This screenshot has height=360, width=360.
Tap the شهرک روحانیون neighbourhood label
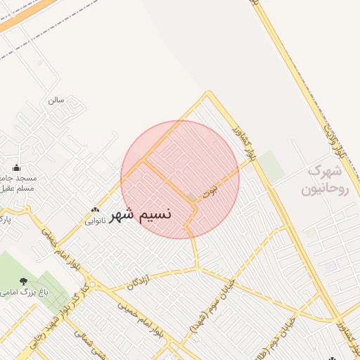coord(324,180)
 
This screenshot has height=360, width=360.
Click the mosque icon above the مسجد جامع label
coord(17,168)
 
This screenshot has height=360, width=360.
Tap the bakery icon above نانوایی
coord(96,210)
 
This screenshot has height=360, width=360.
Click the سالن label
coord(56,100)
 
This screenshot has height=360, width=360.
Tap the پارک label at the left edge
coord(6,220)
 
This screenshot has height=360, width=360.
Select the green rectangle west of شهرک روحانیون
coord(271,166)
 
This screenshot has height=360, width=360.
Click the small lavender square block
coord(330,266)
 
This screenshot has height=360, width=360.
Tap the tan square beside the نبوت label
coord(192,198)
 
